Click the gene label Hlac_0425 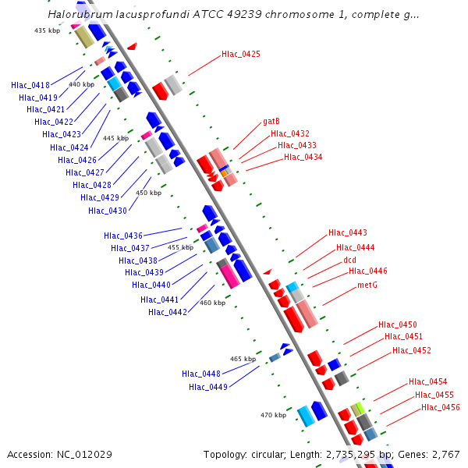(241, 55)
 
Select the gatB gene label (271, 122)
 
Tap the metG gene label (367, 285)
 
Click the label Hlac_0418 (30, 85)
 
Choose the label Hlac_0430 (108, 211)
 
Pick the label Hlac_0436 (123, 236)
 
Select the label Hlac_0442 (168, 312)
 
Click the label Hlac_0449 (208, 387)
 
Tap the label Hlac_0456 (441, 408)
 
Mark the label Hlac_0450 (398, 324)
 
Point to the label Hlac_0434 (303, 158)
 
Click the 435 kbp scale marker (47, 30)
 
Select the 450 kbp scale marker (149, 193)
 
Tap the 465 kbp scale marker (243, 359)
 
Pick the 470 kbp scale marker (273, 416)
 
